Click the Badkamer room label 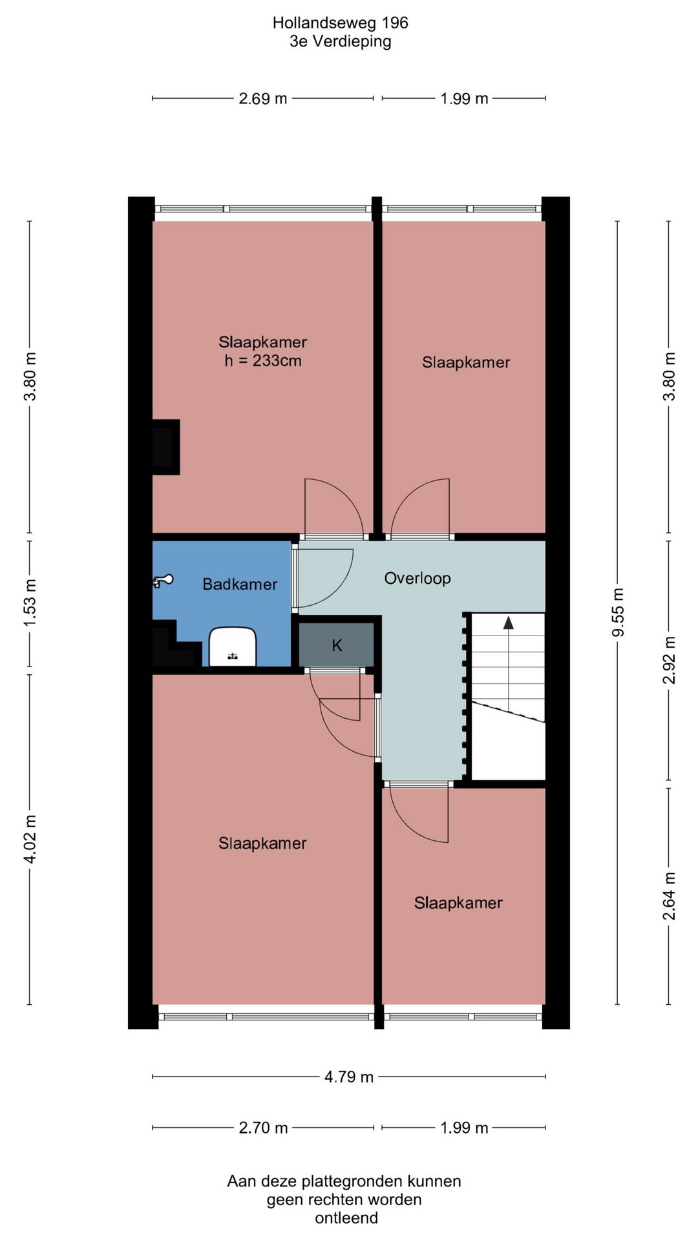point(240,584)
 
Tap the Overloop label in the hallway point(418,578)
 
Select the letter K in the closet point(337,645)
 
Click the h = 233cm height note point(263,360)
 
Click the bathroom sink point(233,646)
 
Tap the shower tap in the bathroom point(162,581)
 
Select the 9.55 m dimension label point(619,612)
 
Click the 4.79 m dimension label point(349,1077)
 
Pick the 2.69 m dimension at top point(263,99)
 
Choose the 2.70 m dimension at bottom point(263,1128)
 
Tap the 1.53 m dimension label point(30,603)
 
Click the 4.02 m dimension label point(30,839)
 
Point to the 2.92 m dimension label point(669,659)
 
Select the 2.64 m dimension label point(669,896)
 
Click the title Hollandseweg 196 point(341,23)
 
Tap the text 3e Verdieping point(341,41)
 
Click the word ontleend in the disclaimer point(346,1218)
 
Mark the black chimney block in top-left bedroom point(165,447)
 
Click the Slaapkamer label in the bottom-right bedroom point(458,903)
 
